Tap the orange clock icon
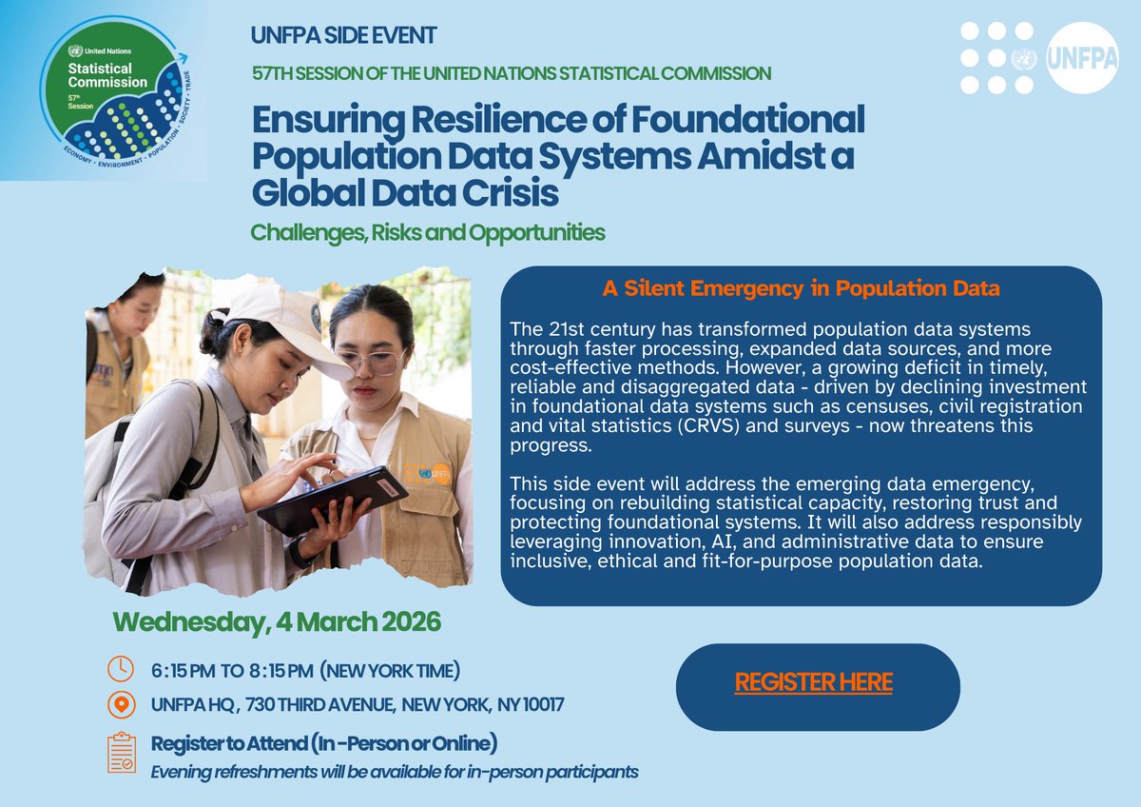(121, 670)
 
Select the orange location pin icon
(121, 705)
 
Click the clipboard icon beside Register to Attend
(121, 752)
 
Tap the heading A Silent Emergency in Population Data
(801, 287)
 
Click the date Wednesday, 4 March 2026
(277, 622)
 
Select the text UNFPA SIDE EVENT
(344, 36)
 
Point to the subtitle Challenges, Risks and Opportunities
(428, 231)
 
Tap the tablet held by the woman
(332, 500)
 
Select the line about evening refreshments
(395, 771)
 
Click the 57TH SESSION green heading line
(512, 72)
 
